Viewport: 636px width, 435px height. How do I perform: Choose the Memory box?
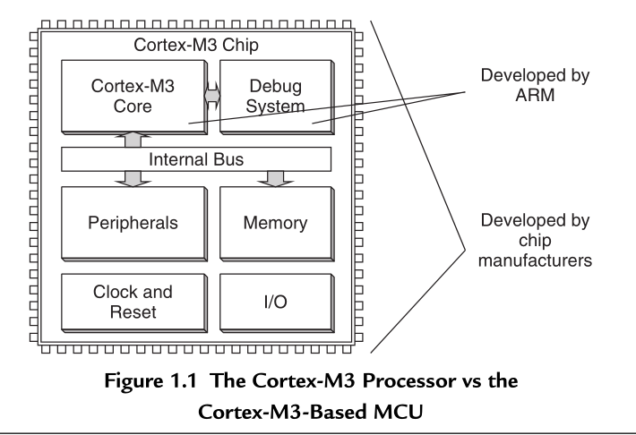276,222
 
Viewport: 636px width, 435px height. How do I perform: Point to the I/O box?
276,303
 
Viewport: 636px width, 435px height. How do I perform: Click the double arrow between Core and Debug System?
212,97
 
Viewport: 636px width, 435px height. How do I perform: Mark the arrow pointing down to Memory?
276,179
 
